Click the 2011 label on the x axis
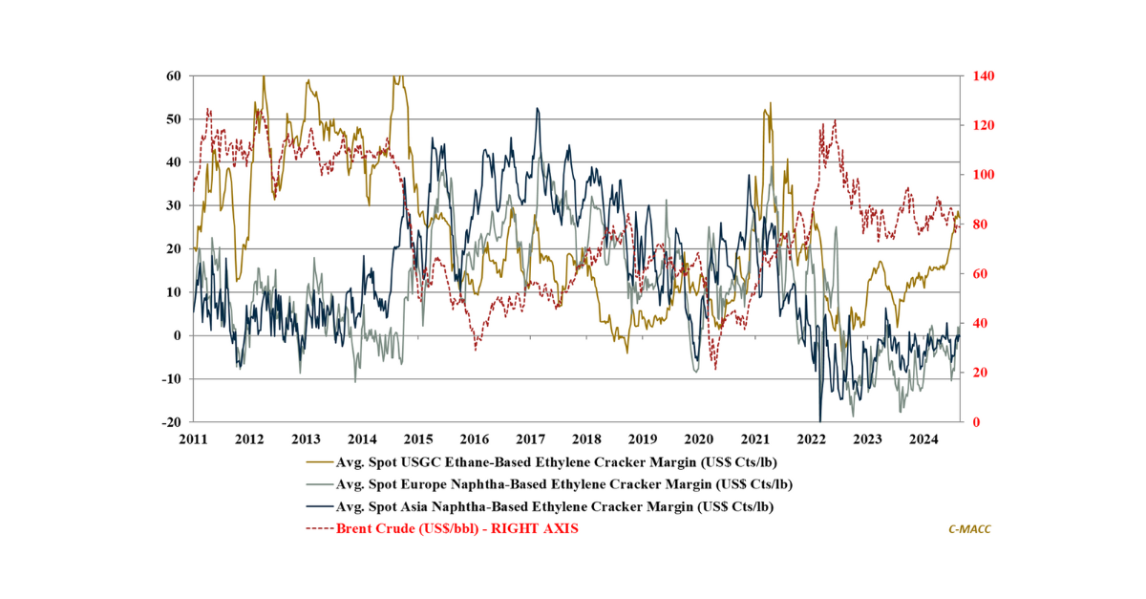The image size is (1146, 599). [x=194, y=439]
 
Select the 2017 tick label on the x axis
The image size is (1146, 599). [x=531, y=439]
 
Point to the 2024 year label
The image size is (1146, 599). [x=923, y=439]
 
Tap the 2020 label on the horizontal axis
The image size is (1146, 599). [x=699, y=439]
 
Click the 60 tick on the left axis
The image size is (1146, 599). [x=176, y=75]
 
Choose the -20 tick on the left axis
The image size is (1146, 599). [x=173, y=422]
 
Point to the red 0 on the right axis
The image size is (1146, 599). [x=974, y=422]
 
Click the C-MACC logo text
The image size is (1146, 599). [x=969, y=528]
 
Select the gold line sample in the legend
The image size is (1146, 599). [x=319, y=461]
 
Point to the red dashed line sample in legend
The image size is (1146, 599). [x=319, y=528]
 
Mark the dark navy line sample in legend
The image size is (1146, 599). [x=319, y=506]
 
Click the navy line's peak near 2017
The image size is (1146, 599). [x=538, y=109]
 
